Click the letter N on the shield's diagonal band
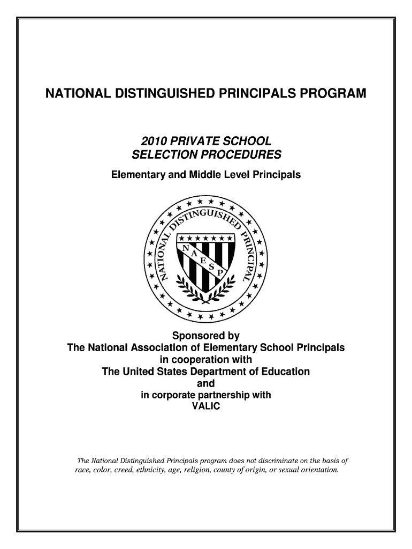point(187,248)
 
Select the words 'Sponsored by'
point(205,336)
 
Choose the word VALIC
point(205,406)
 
